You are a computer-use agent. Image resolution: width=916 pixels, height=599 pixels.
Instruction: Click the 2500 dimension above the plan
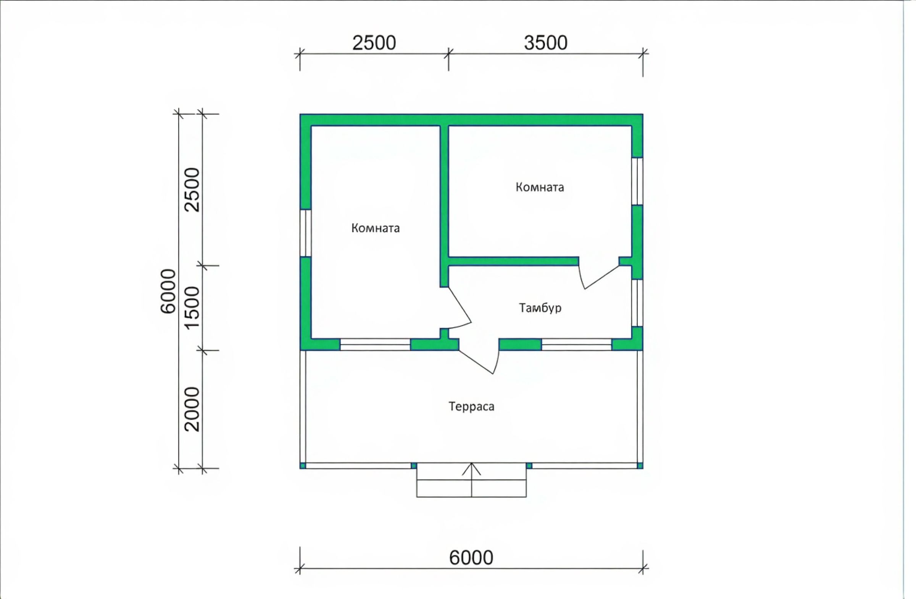374,43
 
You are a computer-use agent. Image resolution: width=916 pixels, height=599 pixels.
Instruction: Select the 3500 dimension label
546,43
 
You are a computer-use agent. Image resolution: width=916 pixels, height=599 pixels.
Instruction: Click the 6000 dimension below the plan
471,557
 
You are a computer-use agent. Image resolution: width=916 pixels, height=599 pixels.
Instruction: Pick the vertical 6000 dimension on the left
168,291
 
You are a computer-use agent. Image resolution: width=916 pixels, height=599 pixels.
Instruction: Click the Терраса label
471,406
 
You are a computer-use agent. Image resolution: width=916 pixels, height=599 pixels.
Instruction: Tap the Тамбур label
540,308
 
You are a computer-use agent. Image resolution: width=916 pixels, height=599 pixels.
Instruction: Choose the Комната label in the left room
376,228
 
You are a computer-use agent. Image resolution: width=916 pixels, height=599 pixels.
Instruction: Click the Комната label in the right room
540,187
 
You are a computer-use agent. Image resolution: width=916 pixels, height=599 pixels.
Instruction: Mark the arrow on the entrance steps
471,479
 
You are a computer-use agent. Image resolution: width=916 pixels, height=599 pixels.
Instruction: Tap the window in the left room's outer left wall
306,233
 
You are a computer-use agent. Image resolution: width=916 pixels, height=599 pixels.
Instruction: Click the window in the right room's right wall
637,181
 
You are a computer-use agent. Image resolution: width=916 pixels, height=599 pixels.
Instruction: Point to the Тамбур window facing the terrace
577,344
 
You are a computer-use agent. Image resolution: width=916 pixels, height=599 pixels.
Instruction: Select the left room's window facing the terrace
375,344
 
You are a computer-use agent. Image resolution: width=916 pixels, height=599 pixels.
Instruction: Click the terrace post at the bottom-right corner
640,466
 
